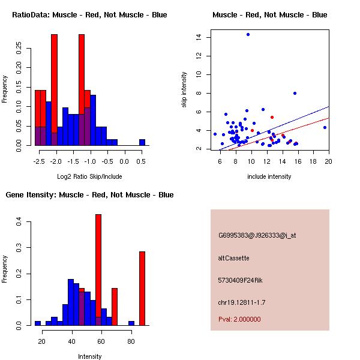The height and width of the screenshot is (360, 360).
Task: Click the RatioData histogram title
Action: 89,14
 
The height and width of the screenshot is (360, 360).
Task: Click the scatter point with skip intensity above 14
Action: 248,34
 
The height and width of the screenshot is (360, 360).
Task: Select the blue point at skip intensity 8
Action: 295,93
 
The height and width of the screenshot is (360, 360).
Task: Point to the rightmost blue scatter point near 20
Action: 325,127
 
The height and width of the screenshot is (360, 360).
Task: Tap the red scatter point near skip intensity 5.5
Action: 272,117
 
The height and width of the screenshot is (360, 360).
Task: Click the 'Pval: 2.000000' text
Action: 239,319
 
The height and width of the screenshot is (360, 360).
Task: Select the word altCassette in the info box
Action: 233,258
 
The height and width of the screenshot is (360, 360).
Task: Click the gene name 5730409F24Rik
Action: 241,280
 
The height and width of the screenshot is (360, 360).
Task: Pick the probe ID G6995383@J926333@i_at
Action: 257,235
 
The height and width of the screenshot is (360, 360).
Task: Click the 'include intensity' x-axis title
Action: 269,176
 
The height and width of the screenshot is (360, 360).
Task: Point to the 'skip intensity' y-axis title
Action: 185,90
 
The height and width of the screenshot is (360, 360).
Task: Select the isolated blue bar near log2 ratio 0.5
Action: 142,142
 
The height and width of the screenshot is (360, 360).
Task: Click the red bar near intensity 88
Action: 142,288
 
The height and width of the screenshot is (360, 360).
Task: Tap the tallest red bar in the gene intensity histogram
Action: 98,269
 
